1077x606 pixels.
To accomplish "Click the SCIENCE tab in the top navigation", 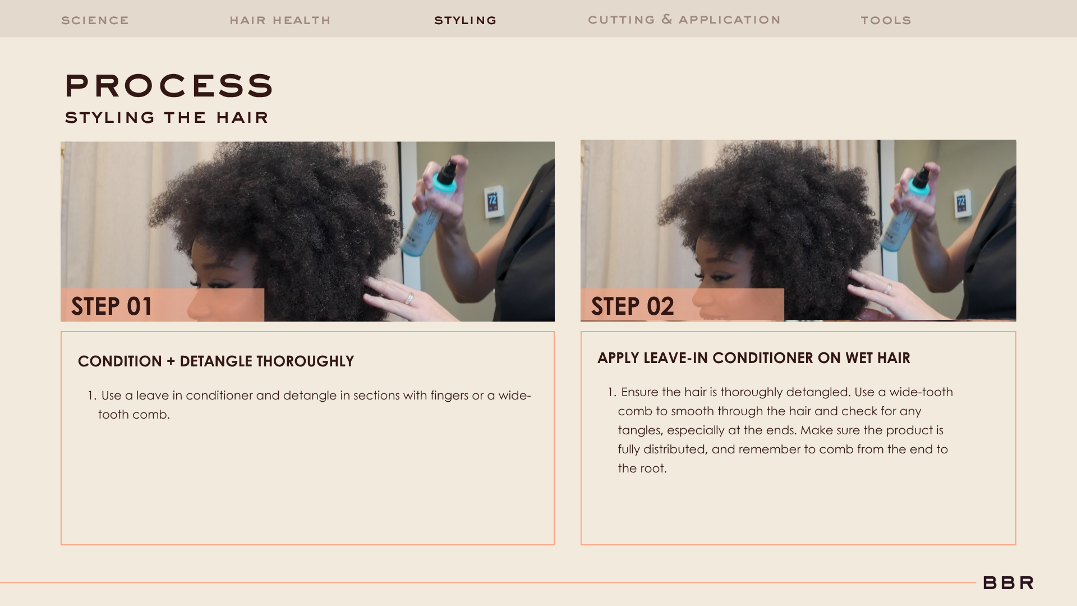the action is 95,21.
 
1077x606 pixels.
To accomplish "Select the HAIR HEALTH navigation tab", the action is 280,21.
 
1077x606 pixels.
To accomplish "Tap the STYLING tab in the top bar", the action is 466,21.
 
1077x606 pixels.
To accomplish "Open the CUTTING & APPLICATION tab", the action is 684,20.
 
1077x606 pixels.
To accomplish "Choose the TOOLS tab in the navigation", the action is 886,21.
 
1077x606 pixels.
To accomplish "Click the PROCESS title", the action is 169,86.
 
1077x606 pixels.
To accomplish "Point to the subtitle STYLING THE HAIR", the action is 167,117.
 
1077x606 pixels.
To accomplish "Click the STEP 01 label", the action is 112,306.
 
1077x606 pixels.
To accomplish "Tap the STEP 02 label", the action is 632,306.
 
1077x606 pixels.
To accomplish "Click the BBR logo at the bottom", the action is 1008,583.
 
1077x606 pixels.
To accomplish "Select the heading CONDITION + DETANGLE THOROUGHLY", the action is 216,361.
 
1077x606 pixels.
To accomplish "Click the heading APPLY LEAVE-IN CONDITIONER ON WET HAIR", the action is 754,358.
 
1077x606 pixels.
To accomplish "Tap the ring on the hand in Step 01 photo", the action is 410,297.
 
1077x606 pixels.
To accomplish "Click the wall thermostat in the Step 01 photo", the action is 493,201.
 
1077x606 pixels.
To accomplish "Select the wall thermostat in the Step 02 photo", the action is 961,202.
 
